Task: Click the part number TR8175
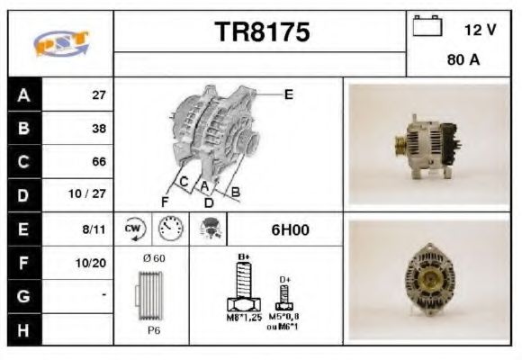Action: point(262,32)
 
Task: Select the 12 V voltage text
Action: point(480,30)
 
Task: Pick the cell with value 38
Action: point(98,129)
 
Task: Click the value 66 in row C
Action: point(98,162)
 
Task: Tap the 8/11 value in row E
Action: point(94,229)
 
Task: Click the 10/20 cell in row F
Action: point(92,263)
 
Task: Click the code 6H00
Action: point(290,229)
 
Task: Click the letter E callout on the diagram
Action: point(288,94)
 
